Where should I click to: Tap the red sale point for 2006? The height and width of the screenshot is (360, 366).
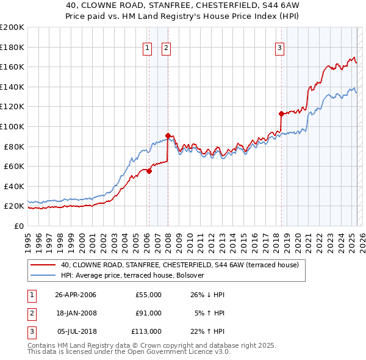149,171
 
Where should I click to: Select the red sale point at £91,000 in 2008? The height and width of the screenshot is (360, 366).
168,135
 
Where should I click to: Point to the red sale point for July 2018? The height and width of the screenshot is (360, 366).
281,113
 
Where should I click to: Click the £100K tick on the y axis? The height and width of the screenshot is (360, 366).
12,126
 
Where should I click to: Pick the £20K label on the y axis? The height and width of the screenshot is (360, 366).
14,206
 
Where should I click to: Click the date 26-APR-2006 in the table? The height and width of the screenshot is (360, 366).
76,295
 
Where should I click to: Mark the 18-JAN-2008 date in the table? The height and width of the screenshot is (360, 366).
76,313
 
